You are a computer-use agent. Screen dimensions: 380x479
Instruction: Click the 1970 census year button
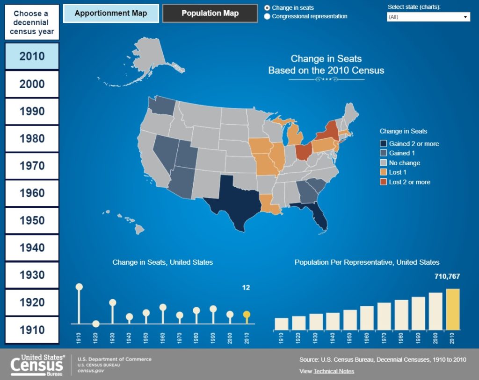tap(32, 166)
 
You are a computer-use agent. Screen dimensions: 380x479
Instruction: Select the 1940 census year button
tap(32, 247)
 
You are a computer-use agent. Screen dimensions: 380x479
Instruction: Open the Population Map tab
tap(210, 13)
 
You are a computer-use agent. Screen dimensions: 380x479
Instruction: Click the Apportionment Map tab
tap(111, 13)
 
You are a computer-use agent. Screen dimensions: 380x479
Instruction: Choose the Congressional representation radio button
tap(267, 16)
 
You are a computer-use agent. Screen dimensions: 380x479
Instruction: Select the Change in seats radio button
tap(267, 7)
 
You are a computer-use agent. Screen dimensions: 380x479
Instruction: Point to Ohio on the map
tap(304, 152)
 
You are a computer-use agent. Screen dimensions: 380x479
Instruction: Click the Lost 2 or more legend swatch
tap(384, 182)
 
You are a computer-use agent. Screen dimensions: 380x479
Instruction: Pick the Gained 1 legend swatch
tap(384, 153)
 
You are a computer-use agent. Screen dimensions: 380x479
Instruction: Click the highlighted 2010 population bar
tap(453, 309)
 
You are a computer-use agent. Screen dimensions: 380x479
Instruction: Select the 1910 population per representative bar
tap(281, 324)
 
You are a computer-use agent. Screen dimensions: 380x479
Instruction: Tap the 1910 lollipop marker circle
tap(79, 287)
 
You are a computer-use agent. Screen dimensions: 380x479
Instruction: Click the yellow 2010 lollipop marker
tap(247, 315)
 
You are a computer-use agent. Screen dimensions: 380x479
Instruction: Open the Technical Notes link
tap(334, 371)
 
